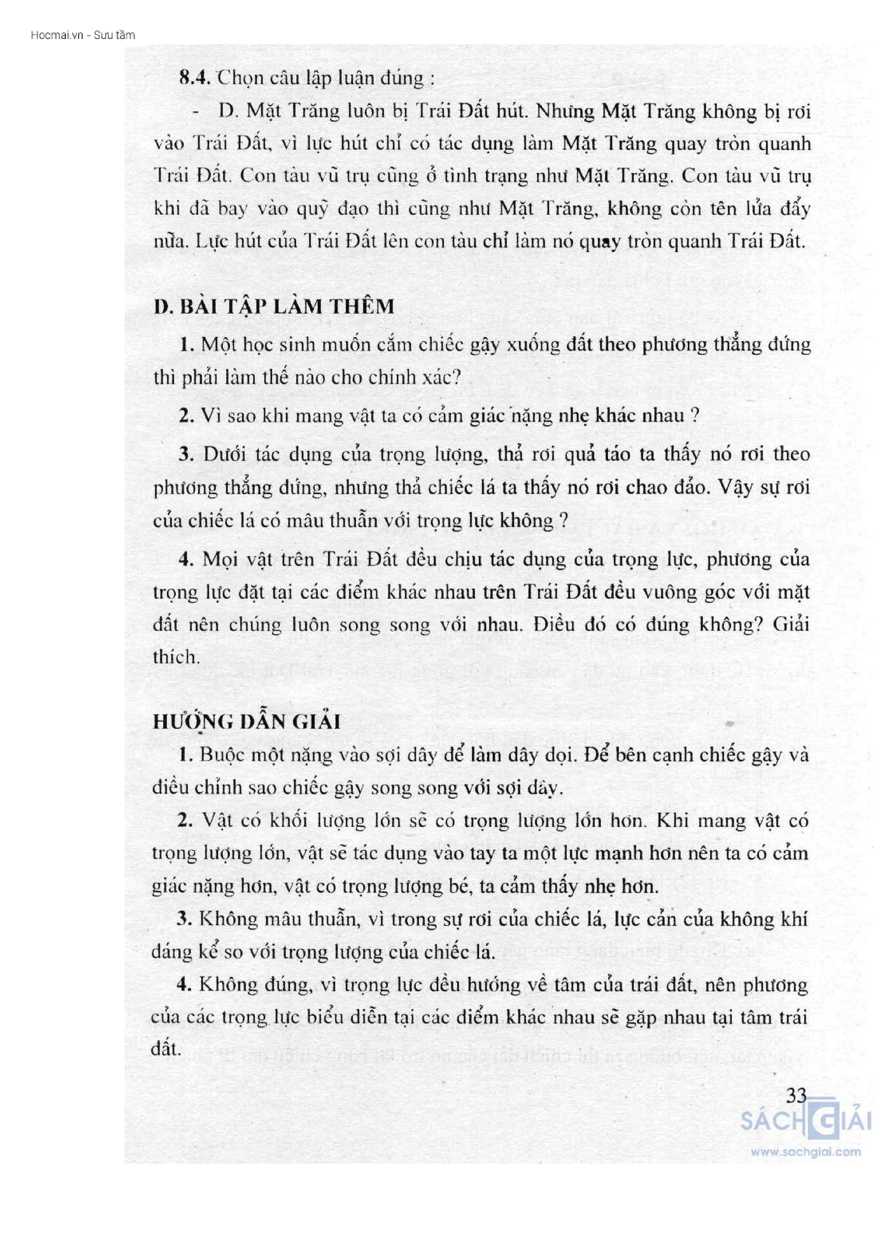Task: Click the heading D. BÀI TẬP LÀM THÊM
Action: click(x=274, y=306)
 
